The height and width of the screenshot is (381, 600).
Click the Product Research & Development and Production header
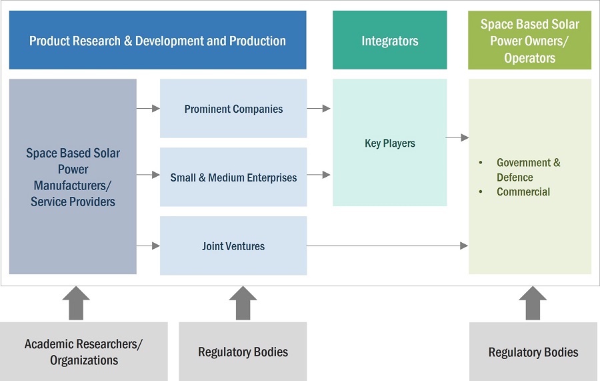click(x=157, y=41)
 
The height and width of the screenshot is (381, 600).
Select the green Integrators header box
click(x=389, y=41)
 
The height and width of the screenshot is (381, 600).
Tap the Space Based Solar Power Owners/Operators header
click(x=529, y=41)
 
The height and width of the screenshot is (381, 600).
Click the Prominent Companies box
click(x=233, y=109)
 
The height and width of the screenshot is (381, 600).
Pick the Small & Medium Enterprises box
click(x=233, y=177)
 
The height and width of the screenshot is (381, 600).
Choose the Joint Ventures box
click(x=233, y=246)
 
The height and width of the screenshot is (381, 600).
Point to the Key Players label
click(x=389, y=143)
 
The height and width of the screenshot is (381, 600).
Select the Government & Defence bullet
click(x=528, y=169)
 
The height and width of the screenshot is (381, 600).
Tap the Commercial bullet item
click(x=523, y=192)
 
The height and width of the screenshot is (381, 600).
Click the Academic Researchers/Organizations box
click(x=83, y=352)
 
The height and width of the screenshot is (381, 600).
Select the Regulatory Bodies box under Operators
click(x=533, y=352)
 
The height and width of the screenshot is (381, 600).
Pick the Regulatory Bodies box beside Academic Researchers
click(x=243, y=352)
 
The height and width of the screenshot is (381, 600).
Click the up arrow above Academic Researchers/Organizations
click(x=76, y=302)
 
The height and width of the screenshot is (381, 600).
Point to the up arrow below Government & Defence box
click(x=533, y=302)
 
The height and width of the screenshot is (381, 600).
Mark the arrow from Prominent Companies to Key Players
click(x=319, y=108)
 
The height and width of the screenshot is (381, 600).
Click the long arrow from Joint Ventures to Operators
click(x=387, y=246)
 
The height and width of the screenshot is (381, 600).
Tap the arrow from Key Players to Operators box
click(x=457, y=137)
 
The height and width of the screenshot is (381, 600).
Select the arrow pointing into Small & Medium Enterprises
click(x=148, y=176)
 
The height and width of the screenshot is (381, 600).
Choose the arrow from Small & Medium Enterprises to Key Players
click(x=319, y=175)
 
